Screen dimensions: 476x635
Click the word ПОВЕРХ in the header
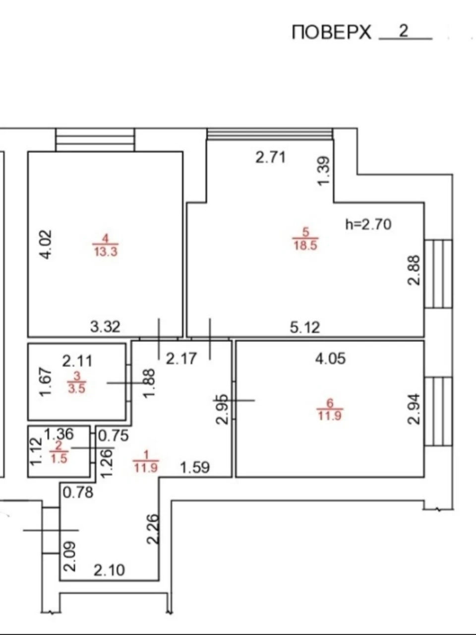[332, 32]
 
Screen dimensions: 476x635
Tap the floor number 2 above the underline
[404, 30]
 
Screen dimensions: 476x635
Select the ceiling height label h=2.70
[368, 225]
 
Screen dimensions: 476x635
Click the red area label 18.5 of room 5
[305, 246]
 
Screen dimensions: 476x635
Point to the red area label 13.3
[106, 252]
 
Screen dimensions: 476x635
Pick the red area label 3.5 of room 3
[77, 388]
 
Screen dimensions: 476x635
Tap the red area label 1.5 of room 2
[59, 459]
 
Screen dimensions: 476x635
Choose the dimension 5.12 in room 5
[305, 327]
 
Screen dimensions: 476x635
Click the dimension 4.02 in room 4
[46, 245]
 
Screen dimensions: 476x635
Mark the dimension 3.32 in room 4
[105, 327]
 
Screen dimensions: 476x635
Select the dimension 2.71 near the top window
[271, 158]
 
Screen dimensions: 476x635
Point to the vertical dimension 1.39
[323, 171]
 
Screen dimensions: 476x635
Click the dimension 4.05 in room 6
[330, 359]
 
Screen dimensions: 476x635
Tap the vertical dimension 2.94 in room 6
[414, 409]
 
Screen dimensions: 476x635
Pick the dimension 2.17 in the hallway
[181, 359]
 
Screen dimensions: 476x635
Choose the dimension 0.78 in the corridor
[78, 493]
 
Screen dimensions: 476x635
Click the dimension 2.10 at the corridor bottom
[109, 570]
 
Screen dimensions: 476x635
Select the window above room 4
[95, 140]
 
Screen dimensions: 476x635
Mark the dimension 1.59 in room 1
[195, 467]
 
